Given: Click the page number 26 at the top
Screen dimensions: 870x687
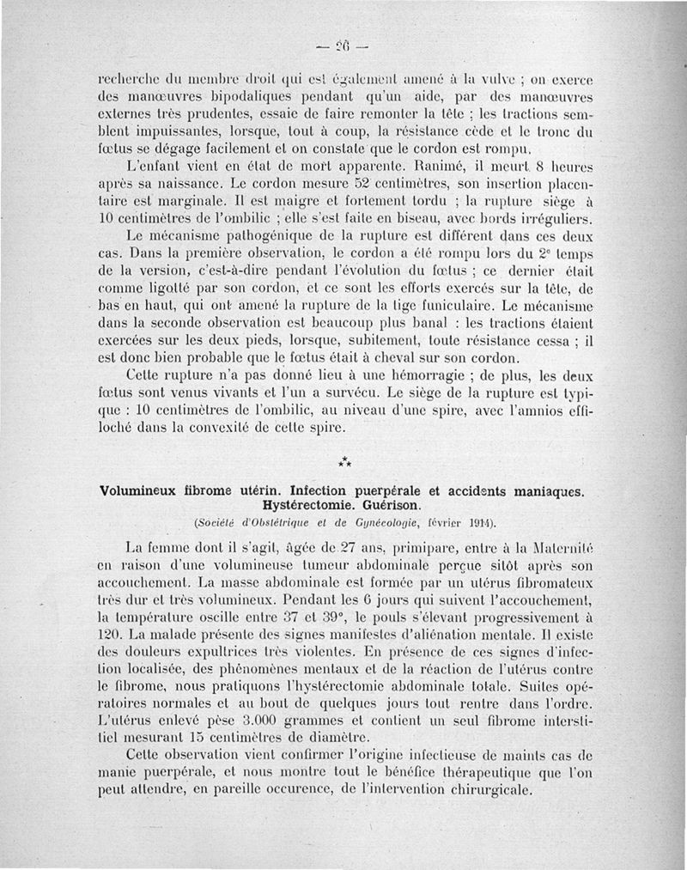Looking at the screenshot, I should (344, 46).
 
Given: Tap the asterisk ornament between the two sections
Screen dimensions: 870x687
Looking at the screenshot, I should (344, 464).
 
